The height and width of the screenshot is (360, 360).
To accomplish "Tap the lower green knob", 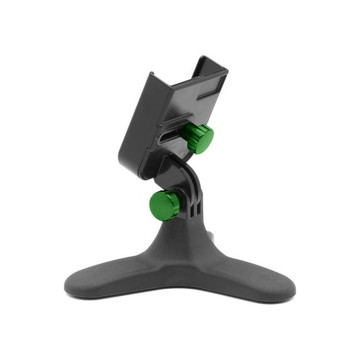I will click(165, 205).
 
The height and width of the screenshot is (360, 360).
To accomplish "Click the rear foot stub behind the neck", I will click(211, 236).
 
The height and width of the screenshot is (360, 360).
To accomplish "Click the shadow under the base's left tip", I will click(78, 296).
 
